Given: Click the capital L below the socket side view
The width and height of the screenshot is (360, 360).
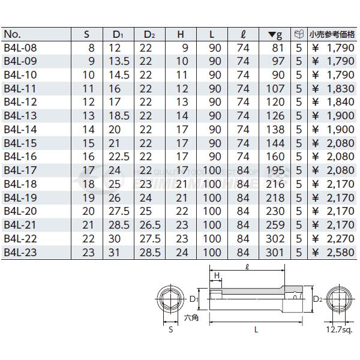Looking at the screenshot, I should pyautogui.click(x=256, y=329).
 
